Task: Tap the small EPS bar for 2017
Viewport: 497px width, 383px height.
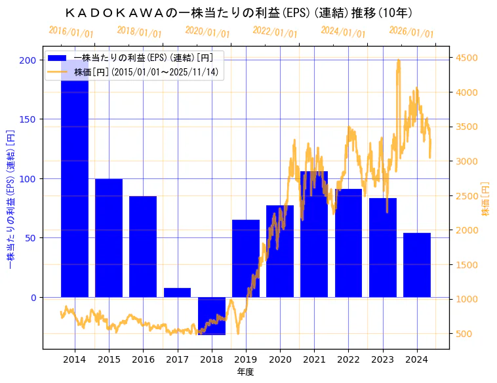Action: point(177,292)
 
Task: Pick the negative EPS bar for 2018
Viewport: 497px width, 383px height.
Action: point(211,316)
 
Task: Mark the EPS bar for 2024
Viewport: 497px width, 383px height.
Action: point(416,265)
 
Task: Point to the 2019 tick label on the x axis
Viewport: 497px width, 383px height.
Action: point(245,359)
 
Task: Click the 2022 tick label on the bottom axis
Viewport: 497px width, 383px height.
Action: point(348,359)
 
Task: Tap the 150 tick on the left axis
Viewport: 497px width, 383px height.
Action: point(31,119)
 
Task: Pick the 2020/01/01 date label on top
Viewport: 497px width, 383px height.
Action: point(207,32)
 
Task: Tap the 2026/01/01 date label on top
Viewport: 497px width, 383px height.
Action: point(411,32)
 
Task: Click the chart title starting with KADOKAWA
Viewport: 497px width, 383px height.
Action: point(239,13)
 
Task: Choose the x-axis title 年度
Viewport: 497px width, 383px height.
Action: point(245,372)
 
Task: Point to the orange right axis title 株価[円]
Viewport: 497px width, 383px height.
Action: point(486,199)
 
